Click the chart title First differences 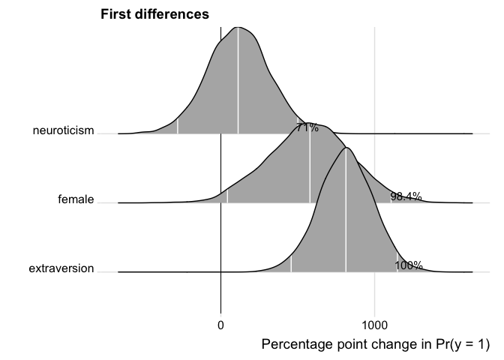(154, 14)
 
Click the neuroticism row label (64, 131)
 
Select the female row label (76, 199)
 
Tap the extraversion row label (61, 268)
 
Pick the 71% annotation (307, 127)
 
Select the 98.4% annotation (406, 196)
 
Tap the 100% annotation (409, 265)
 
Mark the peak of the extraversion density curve (346, 148)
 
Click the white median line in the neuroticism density (238, 82)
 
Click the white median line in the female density (310, 165)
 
